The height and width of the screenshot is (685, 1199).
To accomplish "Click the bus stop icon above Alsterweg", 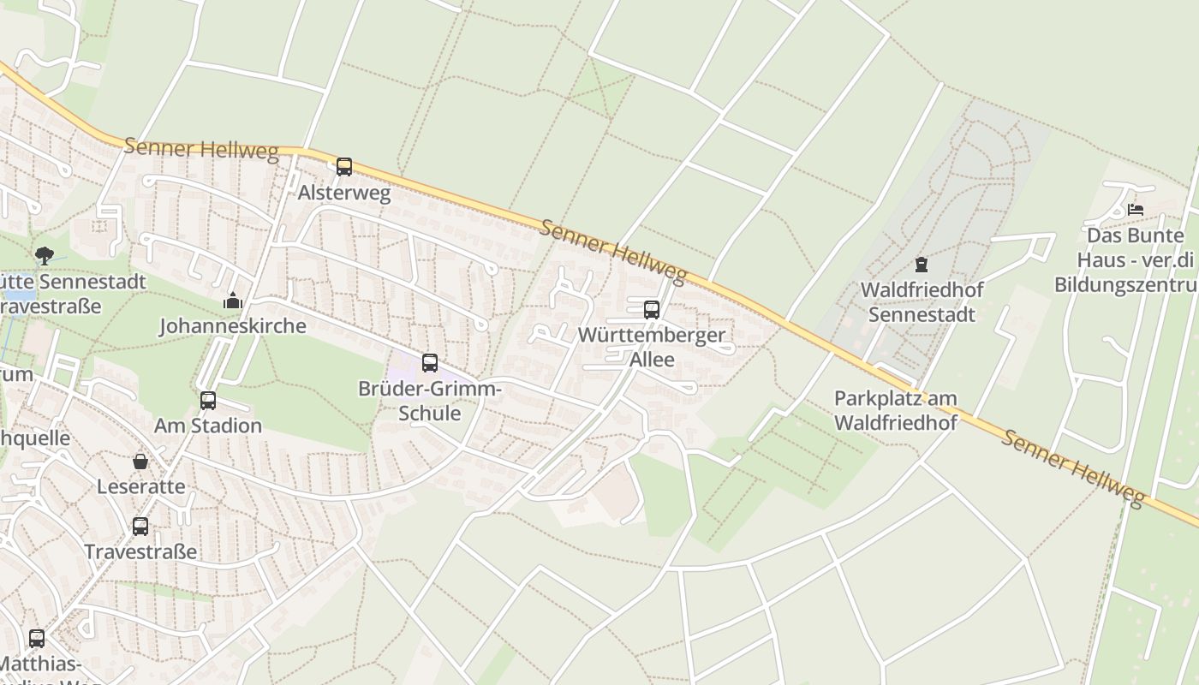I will (344, 167).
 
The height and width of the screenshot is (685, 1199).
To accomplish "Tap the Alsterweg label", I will (344, 193).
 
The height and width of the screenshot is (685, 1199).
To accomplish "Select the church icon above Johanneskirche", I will (232, 301).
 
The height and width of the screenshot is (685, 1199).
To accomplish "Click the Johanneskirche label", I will (233, 326).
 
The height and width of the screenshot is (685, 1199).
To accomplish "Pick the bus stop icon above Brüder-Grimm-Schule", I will (430, 363).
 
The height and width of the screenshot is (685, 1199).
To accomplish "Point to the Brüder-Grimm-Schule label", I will (430, 402).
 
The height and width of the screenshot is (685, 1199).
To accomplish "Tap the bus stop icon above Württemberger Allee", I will (652, 310).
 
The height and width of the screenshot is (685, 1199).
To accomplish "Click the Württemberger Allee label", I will (652, 347).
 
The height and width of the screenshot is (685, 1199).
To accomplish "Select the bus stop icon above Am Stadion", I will (208, 401).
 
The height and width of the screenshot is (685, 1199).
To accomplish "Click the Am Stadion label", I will (208, 426).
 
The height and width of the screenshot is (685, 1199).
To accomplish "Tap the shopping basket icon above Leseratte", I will (140, 462).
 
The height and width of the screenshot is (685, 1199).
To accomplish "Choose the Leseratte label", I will (140, 486).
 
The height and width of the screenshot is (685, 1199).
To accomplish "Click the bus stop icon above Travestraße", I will (140, 527).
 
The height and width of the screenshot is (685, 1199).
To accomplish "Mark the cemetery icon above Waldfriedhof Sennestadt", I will (922, 265).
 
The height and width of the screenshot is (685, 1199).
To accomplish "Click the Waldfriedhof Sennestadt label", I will (922, 301).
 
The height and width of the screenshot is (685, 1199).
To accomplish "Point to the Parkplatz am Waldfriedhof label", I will (896, 410).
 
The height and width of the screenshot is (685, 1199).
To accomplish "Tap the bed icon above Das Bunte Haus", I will (1136, 209).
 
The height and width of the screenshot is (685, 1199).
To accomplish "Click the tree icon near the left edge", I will (44, 255).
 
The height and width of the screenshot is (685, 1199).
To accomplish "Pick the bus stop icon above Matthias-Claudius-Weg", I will (37, 638).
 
